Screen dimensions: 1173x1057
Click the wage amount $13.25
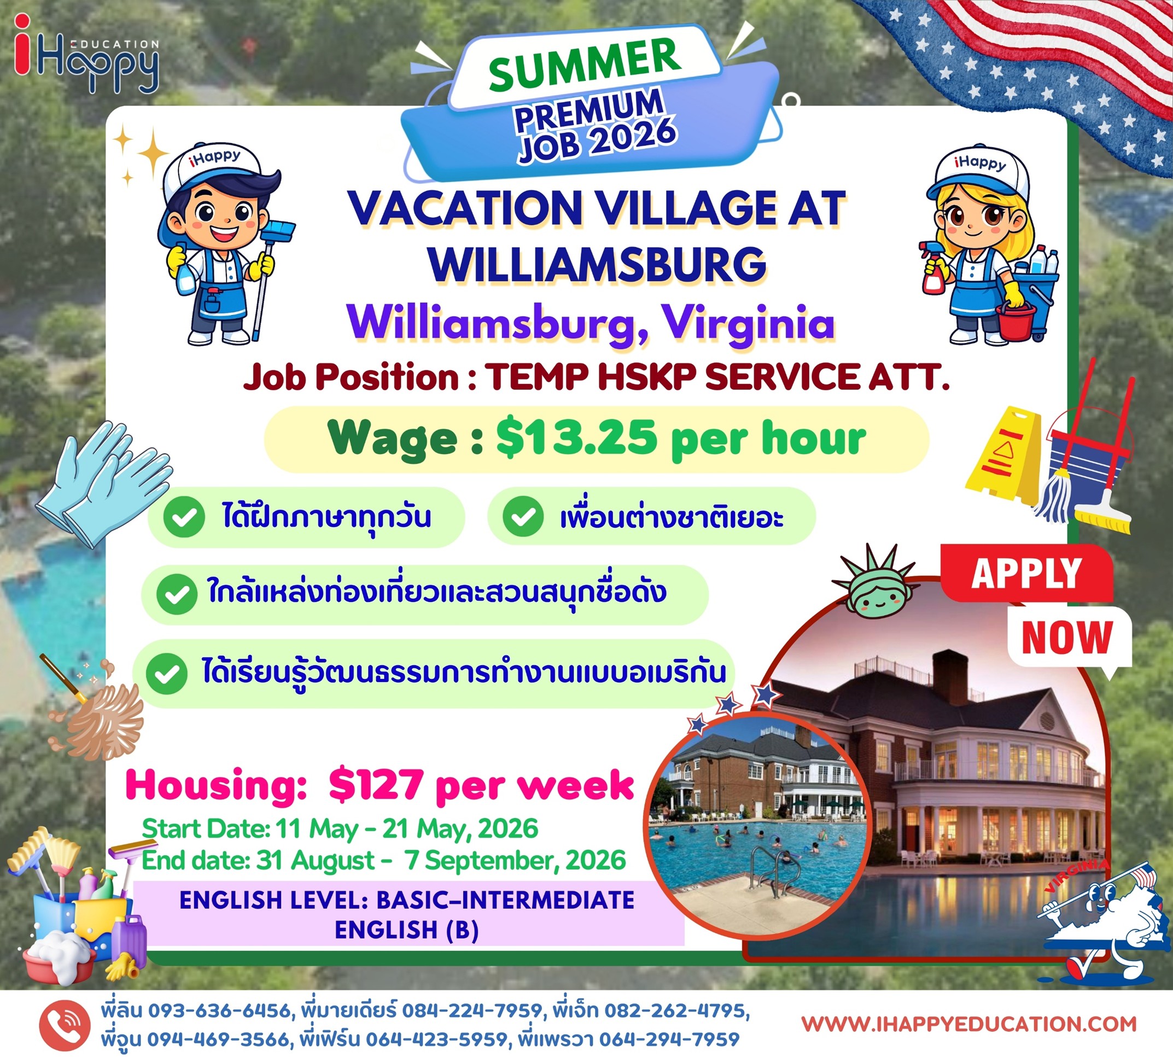click(x=576, y=439)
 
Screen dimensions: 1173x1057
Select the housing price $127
click(x=375, y=785)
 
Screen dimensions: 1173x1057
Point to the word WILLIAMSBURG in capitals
click(x=598, y=265)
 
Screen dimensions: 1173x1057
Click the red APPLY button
click(x=1026, y=573)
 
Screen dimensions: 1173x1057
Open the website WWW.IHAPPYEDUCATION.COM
click(x=968, y=1023)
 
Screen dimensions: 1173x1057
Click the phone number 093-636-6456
click(x=219, y=1011)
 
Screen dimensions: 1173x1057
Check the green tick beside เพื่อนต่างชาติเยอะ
click(x=523, y=516)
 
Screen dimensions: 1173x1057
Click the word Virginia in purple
click(x=749, y=323)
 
